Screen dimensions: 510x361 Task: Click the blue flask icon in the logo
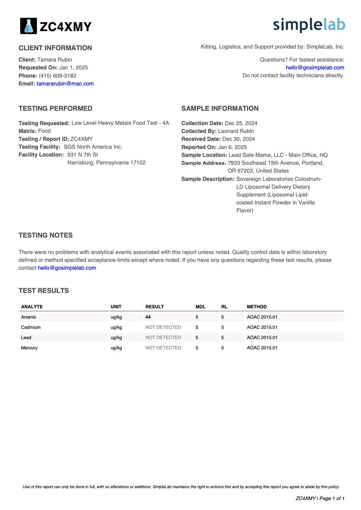(x=29, y=26)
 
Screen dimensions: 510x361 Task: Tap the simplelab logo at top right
(x=309, y=25)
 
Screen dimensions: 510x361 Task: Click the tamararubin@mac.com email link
(x=65, y=84)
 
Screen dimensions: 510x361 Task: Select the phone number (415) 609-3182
(x=57, y=76)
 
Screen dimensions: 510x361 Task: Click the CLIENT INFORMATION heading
(x=55, y=48)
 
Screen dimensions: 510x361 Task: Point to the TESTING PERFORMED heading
(x=55, y=109)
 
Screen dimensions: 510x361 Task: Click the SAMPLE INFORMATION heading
(x=220, y=109)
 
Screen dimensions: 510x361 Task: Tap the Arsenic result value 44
(x=148, y=317)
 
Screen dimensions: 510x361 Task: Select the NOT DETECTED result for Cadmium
(x=163, y=327)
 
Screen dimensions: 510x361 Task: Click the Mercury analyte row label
(x=29, y=348)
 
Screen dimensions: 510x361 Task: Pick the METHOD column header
(x=257, y=307)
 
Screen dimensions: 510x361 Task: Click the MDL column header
(x=200, y=307)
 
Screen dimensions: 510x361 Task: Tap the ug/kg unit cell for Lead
(x=116, y=338)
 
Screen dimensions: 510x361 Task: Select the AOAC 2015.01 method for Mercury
(x=262, y=348)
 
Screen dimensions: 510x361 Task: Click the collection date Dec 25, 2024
(x=241, y=123)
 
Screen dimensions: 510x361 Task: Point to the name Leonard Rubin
(x=236, y=131)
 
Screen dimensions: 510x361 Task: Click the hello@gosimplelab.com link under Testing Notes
(x=67, y=268)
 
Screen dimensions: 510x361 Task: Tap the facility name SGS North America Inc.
(x=93, y=147)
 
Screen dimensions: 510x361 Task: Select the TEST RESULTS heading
(x=44, y=291)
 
